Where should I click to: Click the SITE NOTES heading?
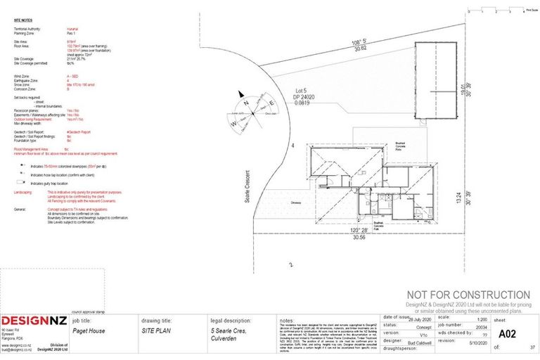24,21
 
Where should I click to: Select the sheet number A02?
503,334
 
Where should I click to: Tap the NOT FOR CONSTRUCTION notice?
468,295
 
